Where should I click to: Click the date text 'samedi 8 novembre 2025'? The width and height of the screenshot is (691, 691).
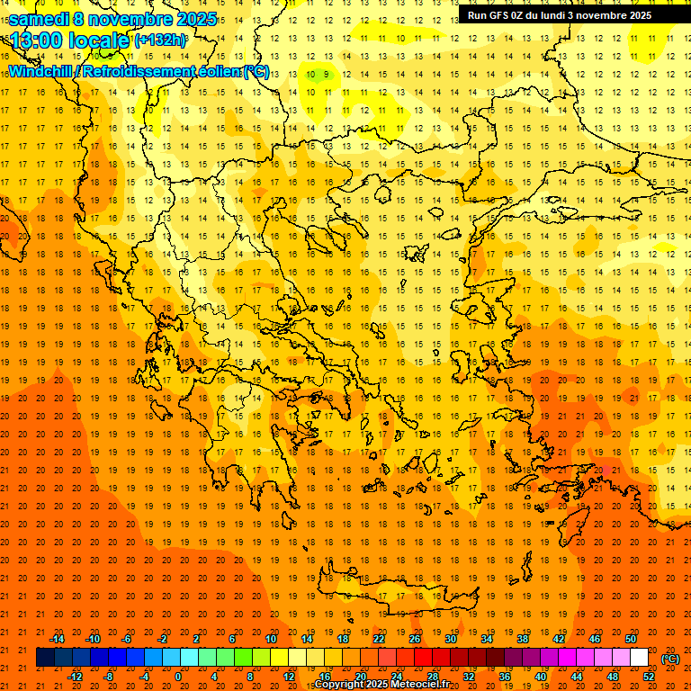click(x=112, y=19)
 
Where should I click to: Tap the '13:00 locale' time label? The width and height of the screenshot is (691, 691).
click(x=70, y=40)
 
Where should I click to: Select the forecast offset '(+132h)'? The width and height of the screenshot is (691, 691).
click(x=160, y=40)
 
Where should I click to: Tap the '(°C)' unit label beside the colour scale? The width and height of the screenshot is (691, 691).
click(x=670, y=659)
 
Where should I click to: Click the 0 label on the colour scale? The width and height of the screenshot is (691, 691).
click(x=178, y=677)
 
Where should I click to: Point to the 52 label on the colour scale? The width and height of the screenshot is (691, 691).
click(x=649, y=677)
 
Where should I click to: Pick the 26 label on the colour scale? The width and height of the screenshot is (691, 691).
click(x=415, y=639)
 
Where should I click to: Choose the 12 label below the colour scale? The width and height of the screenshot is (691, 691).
click(x=289, y=677)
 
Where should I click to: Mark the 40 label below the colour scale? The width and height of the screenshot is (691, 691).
click(x=541, y=677)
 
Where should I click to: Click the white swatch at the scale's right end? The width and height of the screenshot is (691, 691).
click(x=640, y=658)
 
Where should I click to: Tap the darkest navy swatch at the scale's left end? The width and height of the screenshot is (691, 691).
click(x=45, y=658)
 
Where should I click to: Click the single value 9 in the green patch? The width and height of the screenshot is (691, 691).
click(x=328, y=75)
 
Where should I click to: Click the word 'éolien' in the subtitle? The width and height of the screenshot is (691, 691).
click(x=215, y=71)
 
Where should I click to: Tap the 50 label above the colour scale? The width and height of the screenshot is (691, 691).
click(x=631, y=639)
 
